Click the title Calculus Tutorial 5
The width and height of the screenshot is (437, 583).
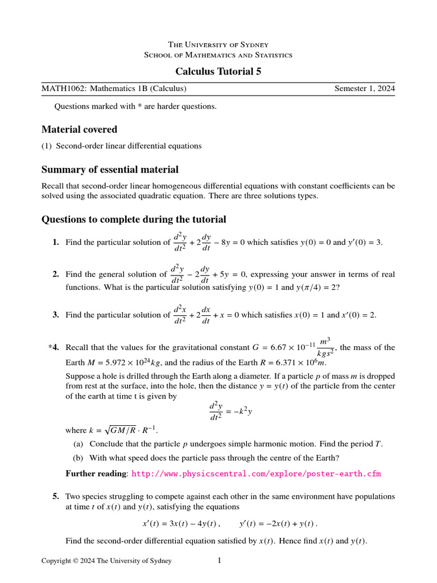tap(218, 71)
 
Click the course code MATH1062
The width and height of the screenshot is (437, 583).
tap(59, 89)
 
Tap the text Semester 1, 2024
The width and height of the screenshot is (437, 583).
tap(364, 89)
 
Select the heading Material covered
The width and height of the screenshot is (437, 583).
tap(79, 129)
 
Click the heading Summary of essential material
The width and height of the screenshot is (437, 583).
tap(110, 170)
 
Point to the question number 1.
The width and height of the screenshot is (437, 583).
tap(56, 243)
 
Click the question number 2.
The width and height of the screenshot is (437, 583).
tap(56, 274)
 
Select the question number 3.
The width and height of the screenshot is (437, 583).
tap(56, 315)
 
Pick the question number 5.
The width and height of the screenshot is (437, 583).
tap(56, 496)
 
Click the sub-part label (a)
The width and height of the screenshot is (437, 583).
tap(79, 444)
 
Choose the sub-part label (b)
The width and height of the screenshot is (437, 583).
tap(79, 458)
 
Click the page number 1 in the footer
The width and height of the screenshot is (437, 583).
tap(219, 561)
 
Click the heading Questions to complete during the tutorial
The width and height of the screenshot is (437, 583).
tap(134, 220)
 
